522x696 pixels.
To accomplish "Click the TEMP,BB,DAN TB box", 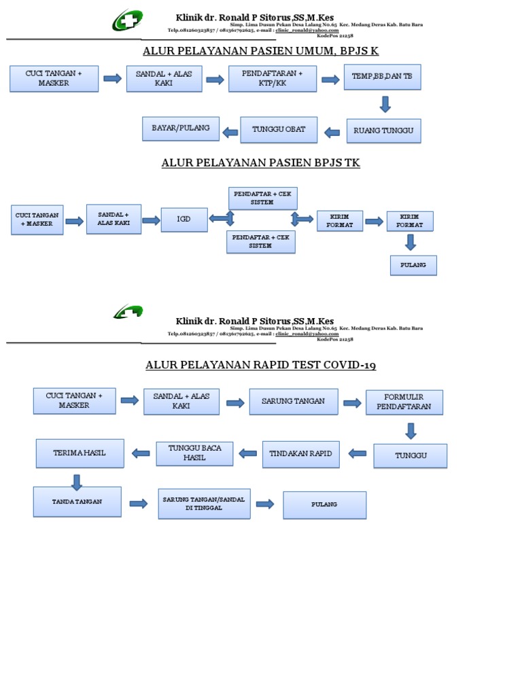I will (382, 77).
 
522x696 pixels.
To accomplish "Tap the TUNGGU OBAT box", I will (279, 129).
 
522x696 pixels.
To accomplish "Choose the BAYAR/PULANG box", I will (181, 128).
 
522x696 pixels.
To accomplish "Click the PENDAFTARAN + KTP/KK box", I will (273, 78).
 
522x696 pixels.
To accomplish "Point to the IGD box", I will (184, 220).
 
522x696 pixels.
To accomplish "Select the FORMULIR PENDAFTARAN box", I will (404, 402).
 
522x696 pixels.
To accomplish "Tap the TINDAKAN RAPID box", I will (300, 454).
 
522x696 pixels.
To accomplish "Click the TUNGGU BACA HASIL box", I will (194, 453).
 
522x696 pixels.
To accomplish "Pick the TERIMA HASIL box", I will (80, 453).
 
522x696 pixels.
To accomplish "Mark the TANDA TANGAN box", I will (77, 502).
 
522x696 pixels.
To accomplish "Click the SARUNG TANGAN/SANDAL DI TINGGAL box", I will (204, 504).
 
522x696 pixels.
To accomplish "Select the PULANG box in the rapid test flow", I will (324, 505).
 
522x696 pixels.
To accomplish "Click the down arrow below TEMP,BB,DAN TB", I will (385, 104).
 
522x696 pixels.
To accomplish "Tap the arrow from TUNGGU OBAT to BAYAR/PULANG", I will (230, 129).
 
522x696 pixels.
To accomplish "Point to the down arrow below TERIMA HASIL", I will (76, 481).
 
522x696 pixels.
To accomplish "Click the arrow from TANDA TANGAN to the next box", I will (139, 504).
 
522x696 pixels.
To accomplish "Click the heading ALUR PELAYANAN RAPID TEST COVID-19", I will (261, 366).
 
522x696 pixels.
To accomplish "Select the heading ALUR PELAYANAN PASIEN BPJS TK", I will (261, 163).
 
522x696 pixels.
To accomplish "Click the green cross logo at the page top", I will (128, 20).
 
